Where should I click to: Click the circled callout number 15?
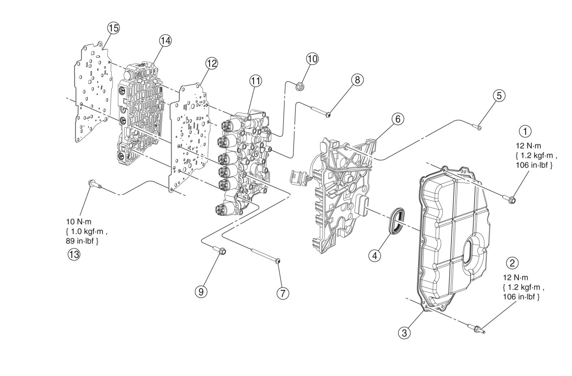[x=113, y=28]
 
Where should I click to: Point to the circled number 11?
[x=255, y=81]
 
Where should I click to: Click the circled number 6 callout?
[x=398, y=119]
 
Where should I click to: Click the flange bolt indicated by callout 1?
[x=511, y=199]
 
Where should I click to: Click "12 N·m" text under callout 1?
[x=525, y=146]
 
